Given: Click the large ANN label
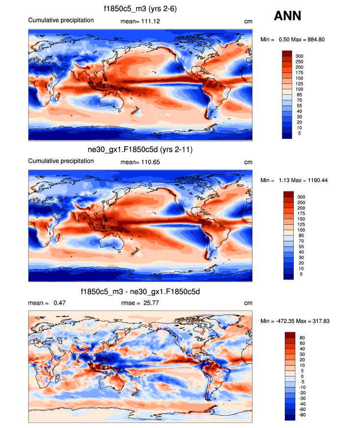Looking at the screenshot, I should (287, 17).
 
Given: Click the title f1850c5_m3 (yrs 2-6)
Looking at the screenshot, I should (140, 9).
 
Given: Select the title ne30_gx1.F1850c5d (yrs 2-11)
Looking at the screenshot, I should (140, 149).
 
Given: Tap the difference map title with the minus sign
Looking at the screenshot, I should (140, 292).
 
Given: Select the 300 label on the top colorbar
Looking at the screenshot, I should (300, 56).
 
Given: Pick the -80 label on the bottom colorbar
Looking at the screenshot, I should (302, 414).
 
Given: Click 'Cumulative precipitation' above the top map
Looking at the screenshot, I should (61, 20).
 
